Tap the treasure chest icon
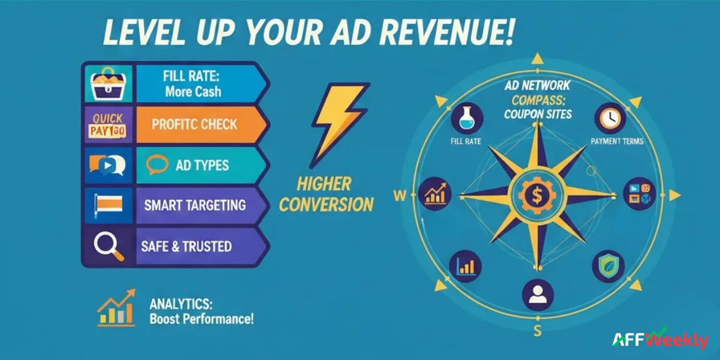click(108, 84)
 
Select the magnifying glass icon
click(109, 245)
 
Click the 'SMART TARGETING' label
click(194, 205)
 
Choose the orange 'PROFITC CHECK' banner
click(194, 125)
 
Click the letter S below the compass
click(537, 331)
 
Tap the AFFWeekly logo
click(660, 340)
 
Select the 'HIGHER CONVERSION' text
click(326, 194)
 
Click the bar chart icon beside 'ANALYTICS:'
click(116, 310)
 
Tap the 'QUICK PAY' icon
click(108, 125)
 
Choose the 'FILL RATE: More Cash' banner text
click(192, 85)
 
